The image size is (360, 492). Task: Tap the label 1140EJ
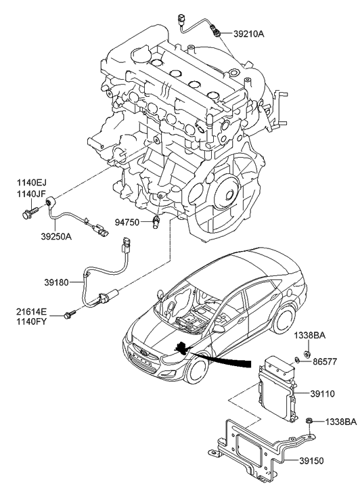point(32,182)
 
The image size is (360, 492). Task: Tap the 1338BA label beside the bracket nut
point(340,422)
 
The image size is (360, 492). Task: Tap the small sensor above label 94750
point(157,222)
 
